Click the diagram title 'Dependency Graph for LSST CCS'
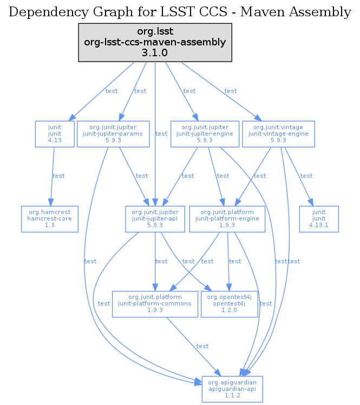pos(180,11)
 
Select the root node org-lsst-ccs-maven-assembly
pos(155,42)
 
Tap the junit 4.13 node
pos(54,134)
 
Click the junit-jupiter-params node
pos(114,134)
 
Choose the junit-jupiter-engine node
pos(205,134)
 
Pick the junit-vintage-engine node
pos(278,134)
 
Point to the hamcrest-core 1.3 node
pos(50,219)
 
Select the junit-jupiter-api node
pos(155,219)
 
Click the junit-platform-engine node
pos(227,219)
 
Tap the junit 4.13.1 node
pos(319,219)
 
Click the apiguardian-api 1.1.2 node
pos(232,389)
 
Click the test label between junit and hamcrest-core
pos(58,176)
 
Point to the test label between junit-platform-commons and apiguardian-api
pos(202,346)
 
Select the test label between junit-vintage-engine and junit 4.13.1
pos(306,176)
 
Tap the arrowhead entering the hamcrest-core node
pos(51,203)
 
